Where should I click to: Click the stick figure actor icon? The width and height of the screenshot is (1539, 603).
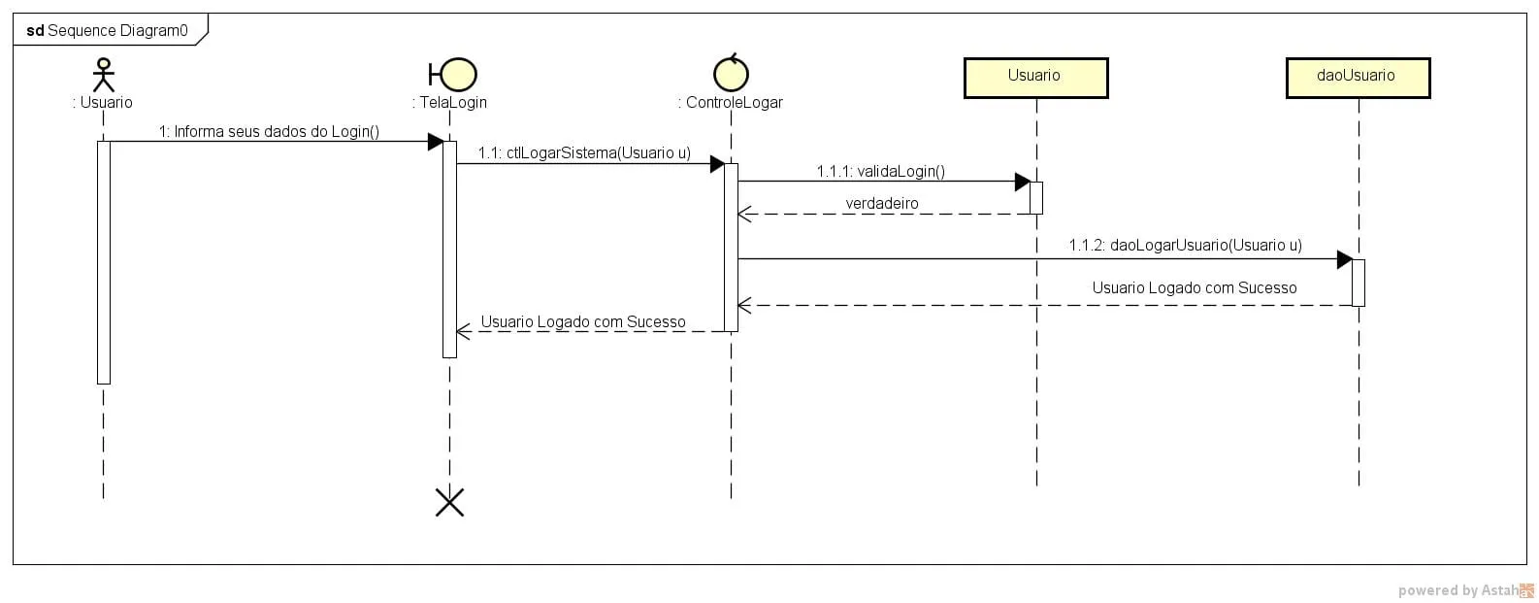coord(103,75)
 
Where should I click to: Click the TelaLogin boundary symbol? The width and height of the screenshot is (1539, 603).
coord(453,75)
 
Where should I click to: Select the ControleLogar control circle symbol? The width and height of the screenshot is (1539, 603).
coord(731,73)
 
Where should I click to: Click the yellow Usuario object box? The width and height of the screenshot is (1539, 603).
coord(1035,77)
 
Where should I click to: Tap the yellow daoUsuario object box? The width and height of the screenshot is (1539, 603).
coord(1357,77)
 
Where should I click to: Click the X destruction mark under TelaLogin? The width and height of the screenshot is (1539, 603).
coord(449,502)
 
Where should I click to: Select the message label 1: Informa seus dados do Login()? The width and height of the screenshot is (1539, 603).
coord(269,131)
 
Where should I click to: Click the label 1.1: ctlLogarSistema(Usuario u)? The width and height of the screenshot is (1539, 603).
coord(584,153)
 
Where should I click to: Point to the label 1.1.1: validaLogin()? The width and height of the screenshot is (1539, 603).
coord(880,171)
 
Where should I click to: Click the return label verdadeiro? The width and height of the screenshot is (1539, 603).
coord(881,203)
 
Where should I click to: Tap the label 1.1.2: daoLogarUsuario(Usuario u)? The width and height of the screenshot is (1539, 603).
coord(1185,245)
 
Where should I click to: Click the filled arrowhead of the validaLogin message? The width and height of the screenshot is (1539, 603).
coord(1022,182)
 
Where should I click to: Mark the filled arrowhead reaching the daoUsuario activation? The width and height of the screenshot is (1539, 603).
coord(1344,259)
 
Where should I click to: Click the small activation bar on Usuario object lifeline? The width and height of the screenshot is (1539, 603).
coord(1035,197)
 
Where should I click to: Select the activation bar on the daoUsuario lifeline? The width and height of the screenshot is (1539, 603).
coord(1358,283)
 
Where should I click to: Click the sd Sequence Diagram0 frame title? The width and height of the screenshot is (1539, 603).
coord(108,30)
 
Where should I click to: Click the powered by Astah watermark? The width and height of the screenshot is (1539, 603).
coord(1465,589)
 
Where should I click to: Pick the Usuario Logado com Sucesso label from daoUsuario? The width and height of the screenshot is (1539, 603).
coord(1194,287)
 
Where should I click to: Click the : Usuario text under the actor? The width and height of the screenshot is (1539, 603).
coord(103,102)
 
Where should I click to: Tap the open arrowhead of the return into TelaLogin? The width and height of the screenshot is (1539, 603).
coord(464,331)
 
